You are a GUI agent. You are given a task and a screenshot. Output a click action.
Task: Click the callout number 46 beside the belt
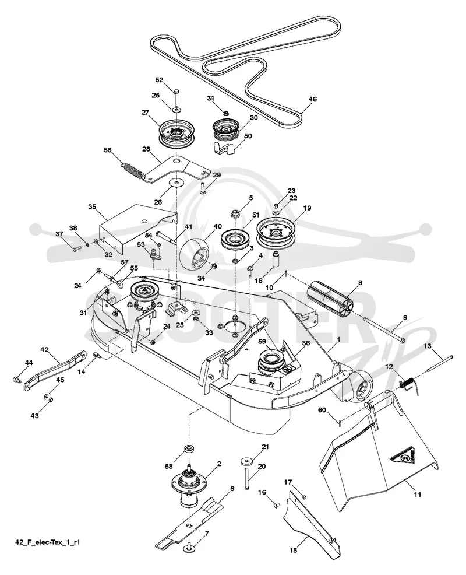[312, 99]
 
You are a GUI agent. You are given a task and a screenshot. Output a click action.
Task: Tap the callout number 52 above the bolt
[160, 80]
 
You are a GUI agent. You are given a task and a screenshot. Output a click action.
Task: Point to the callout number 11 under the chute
[417, 495]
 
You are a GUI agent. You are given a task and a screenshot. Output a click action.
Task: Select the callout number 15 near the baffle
[293, 550]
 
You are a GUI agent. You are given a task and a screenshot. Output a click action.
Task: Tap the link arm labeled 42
[55, 371]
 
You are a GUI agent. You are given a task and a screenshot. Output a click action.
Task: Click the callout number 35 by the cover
[92, 206]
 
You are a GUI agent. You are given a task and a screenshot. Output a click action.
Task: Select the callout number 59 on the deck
[262, 341]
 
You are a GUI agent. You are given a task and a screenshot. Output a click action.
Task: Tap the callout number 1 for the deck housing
[338, 339]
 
